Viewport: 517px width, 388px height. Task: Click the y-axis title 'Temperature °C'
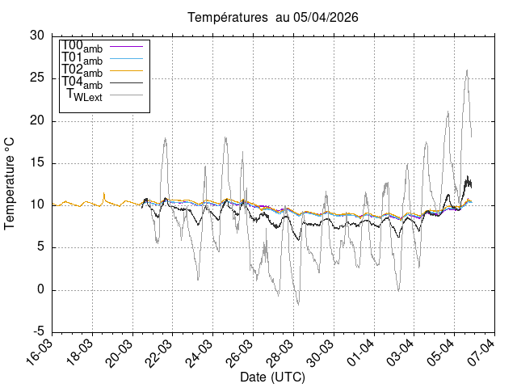[11, 183]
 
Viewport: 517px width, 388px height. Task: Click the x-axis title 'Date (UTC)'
[272, 377]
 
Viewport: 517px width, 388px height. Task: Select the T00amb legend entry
[82, 45]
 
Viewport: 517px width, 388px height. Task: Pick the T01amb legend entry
[82, 57]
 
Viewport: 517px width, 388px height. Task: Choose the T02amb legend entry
[82, 70]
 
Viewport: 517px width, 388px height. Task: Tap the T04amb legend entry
[82, 82]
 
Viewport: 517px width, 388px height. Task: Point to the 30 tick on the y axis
[37, 36]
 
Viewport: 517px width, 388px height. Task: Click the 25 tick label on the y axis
[37, 78]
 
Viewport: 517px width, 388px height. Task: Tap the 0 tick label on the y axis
[41, 290]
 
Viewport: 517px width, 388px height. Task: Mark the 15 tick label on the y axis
[37, 163]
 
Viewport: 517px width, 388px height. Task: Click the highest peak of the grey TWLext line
[467, 70]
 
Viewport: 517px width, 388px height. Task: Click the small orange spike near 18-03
[104, 193]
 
